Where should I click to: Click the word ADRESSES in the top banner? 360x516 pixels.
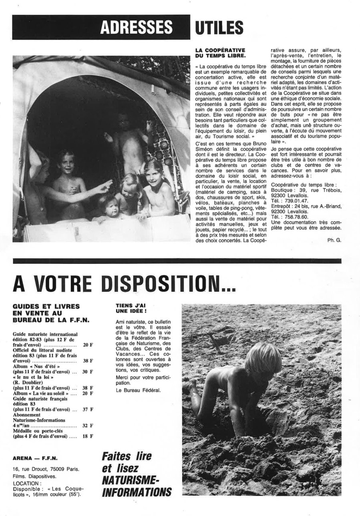pyautogui.click(x=136, y=27)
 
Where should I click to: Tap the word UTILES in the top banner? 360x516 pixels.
pyautogui.click(x=219, y=27)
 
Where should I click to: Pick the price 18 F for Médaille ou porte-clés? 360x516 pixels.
pyautogui.click(x=88, y=436)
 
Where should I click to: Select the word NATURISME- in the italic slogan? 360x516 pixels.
pyautogui.click(x=131, y=480)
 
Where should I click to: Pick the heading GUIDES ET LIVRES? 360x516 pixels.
pyautogui.click(x=46, y=307)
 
